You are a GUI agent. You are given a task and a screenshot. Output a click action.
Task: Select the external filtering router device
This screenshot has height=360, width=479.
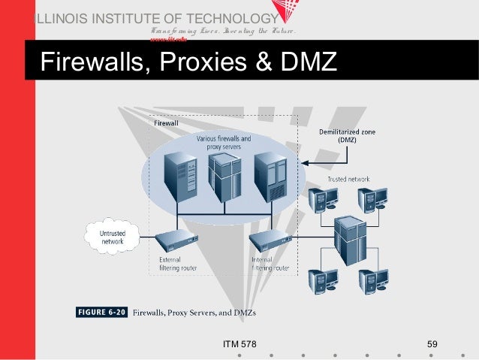[176, 241]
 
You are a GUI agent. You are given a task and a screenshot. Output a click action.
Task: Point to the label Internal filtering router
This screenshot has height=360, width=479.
[270, 264]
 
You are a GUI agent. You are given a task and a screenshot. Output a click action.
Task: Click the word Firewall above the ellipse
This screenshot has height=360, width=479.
[166, 123]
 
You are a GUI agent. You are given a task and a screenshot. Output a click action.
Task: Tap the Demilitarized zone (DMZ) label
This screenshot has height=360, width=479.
[346, 135]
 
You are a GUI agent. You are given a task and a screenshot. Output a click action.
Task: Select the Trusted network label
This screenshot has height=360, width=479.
[348, 179]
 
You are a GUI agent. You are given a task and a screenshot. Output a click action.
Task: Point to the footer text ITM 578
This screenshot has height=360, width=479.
[239, 344]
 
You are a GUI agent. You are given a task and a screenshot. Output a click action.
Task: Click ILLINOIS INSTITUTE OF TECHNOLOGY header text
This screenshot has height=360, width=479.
[154, 20]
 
